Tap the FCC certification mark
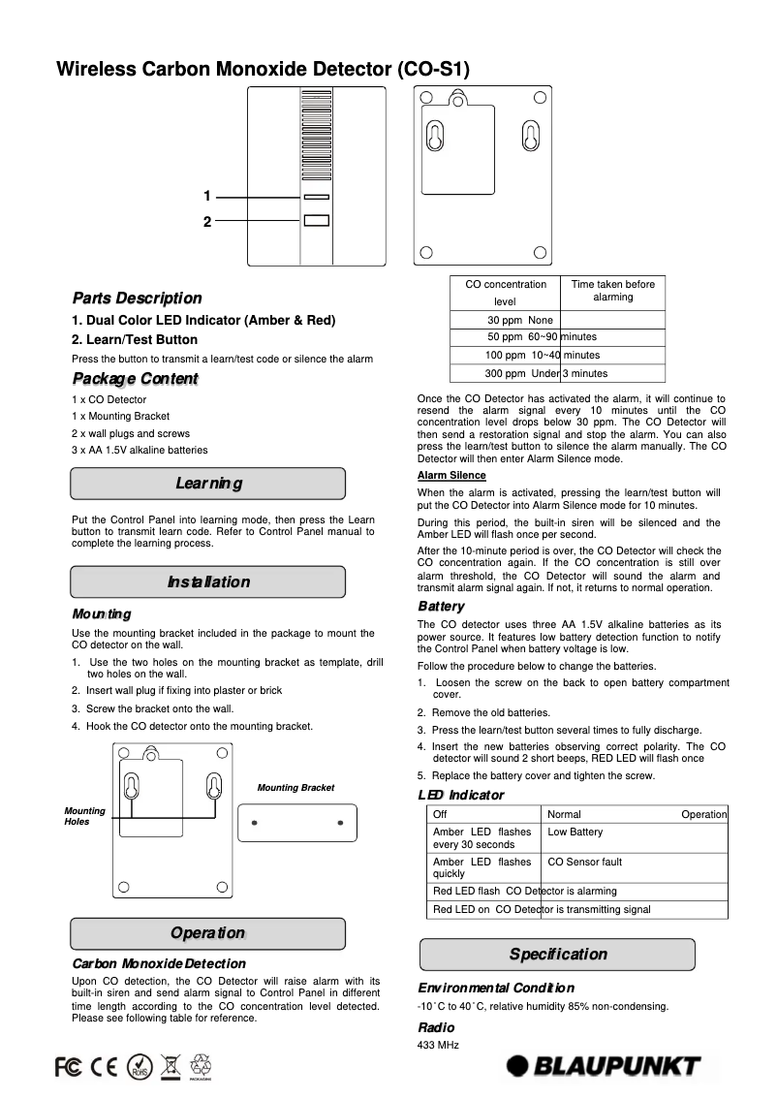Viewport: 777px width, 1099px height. pos(68,1067)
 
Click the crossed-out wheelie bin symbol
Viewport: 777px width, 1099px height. pos(171,1067)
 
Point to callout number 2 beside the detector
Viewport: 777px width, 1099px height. pos(206,222)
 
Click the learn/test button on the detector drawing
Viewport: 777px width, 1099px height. pos(316,221)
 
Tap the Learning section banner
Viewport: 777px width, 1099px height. pos(207,484)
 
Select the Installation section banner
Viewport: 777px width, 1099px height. pos(207,581)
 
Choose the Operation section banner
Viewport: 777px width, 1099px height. pos(207,933)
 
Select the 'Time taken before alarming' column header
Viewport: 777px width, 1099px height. pos(612,291)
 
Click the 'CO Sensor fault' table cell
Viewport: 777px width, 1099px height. pos(585,862)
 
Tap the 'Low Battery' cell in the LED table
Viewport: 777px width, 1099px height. pos(575,832)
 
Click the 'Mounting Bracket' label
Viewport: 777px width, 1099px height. pos(295,788)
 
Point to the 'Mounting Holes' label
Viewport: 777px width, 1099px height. pos(84,816)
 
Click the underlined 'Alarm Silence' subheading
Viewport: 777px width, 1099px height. pos(451,476)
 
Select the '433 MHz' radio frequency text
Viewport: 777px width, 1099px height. pos(438,1045)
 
